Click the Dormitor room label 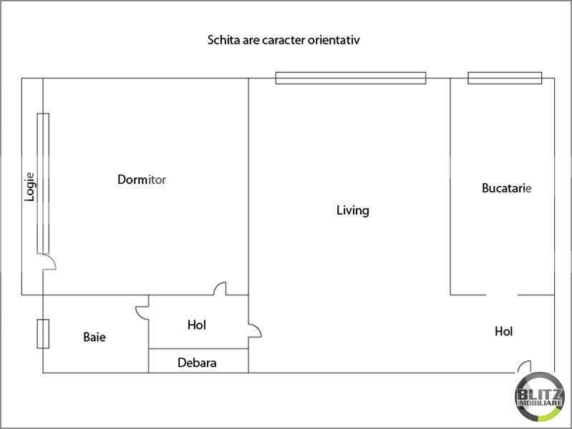click(x=142, y=179)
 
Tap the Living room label click(x=352, y=210)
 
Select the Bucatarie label click(x=506, y=189)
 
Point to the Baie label click(x=94, y=336)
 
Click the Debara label click(x=197, y=363)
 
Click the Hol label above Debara click(x=197, y=325)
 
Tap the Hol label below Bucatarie click(x=504, y=332)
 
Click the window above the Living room click(x=351, y=78)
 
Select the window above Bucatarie click(x=505, y=78)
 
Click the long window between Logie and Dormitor click(x=44, y=182)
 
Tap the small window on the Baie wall click(x=43, y=335)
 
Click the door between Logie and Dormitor click(x=49, y=262)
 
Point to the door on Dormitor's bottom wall click(x=220, y=289)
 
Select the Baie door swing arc click(x=140, y=312)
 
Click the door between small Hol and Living click(x=255, y=332)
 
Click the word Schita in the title click(x=223, y=41)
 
